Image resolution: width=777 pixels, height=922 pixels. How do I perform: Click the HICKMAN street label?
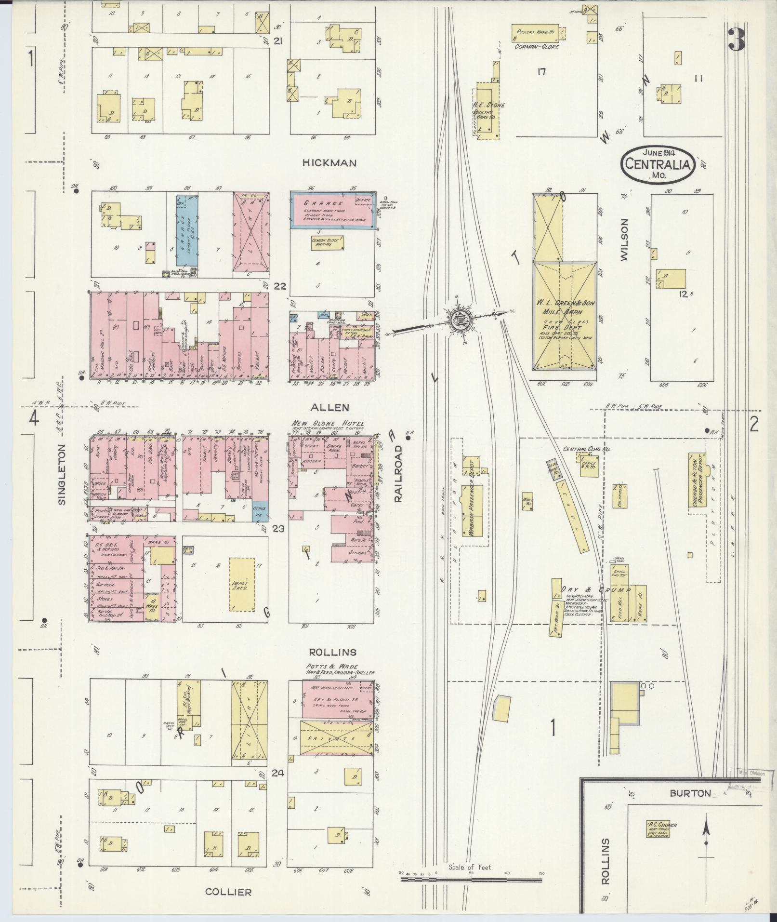[330, 163]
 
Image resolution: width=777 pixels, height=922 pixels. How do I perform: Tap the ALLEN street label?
[329, 407]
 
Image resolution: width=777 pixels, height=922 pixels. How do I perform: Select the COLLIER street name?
[228, 892]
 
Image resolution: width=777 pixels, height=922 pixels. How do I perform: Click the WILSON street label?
[625, 240]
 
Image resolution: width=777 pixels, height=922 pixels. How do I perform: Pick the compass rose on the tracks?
[456, 320]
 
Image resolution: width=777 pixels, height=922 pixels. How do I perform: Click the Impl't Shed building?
[241, 585]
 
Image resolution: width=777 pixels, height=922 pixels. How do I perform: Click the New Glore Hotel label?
[326, 423]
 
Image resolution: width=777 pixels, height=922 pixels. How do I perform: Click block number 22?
[280, 286]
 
